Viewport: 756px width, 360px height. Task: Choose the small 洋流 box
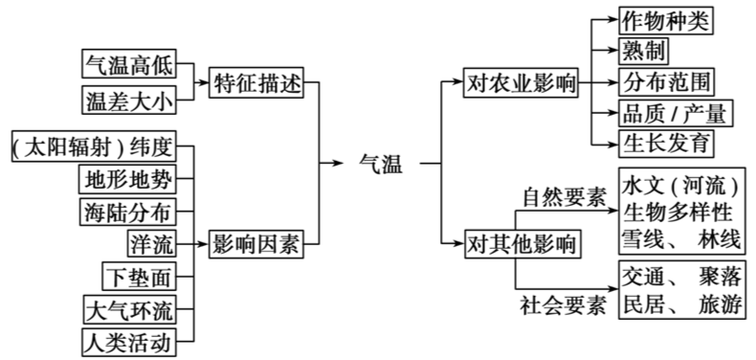tap(151, 243)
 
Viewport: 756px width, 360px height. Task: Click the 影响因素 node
tap(256, 243)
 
